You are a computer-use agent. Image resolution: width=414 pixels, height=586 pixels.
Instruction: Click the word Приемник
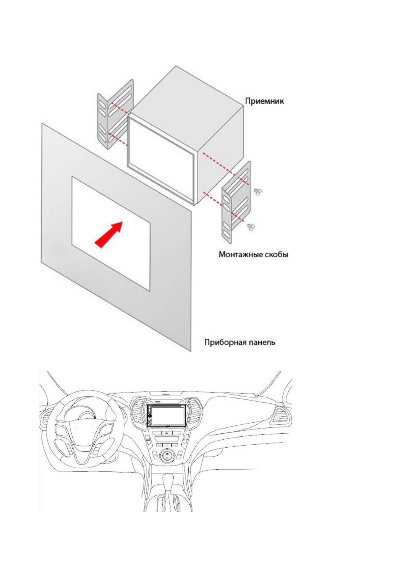coord(264,101)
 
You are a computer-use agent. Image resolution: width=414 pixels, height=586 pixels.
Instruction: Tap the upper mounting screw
coord(258,191)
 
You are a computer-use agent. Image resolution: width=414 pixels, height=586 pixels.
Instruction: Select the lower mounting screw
coord(250,227)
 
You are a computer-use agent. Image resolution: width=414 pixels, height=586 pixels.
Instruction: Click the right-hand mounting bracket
coord(236,202)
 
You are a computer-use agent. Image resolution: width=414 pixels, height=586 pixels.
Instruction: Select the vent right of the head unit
coord(194,412)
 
